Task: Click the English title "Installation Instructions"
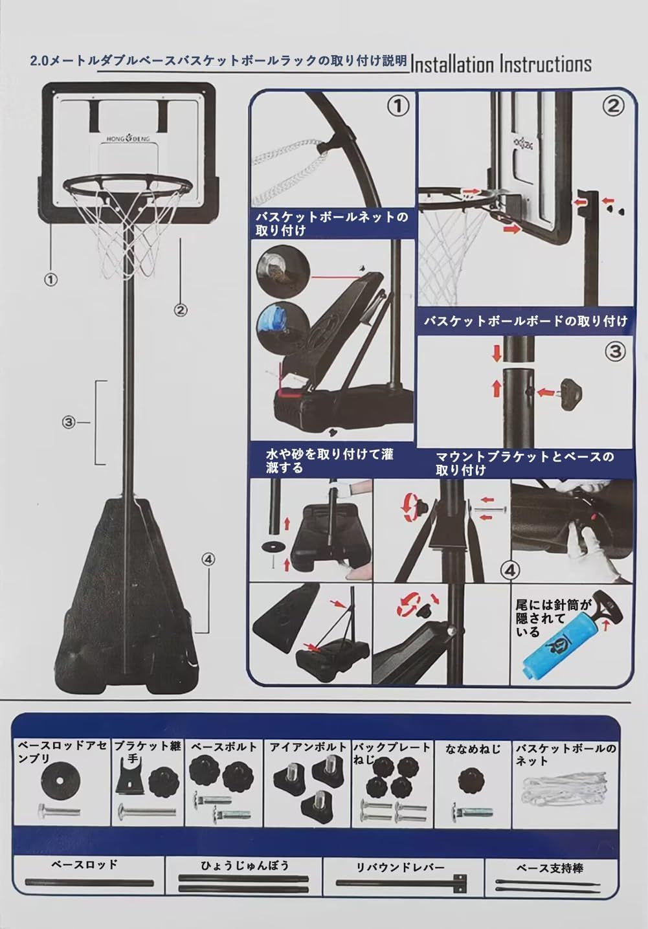pos(501,64)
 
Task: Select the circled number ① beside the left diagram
pos(50,280)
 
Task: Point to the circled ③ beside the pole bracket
pos(69,423)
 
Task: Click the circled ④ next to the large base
pos(208,559)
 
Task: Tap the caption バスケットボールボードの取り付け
pos(526,321)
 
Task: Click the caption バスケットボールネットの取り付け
pos(331,223)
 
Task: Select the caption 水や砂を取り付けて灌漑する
pos(330,461)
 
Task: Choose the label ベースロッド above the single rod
pos(84,865)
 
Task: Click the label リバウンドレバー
pos(401,867)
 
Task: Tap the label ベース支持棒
pos(550,867)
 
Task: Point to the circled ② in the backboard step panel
pos(613,106)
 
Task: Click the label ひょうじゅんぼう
pos(245,866)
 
